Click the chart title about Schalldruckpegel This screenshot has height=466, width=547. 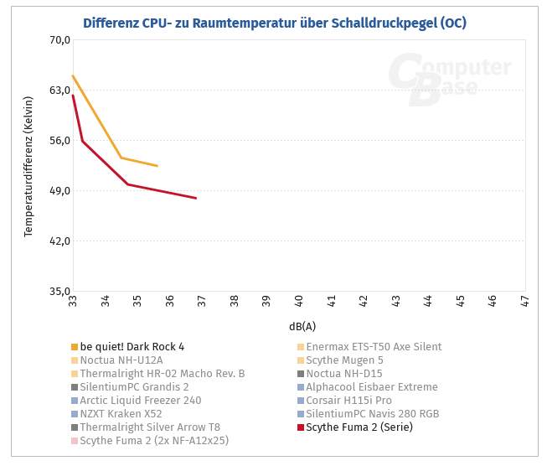(x=274, y=23)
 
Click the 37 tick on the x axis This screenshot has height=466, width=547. (x=202, y=300)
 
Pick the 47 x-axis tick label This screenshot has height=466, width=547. (x=524, y=300)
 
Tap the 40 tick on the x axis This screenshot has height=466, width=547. (x=299, y=300)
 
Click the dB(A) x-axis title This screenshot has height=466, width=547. (x=302, y=326)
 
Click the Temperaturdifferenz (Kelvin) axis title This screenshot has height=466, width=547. (x=28, y=166)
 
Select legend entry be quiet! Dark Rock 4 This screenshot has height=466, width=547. (x=132, y=347)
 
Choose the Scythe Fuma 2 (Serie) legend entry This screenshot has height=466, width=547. (x=359, y=427)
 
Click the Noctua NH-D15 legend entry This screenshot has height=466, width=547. (x=344, y=374)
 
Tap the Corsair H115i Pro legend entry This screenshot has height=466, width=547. (x=348, y=401)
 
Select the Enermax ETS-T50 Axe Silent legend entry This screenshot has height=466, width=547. (x=374, y=347)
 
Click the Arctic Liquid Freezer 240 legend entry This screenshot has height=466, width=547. (x=140, y=401)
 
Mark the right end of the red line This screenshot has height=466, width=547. (x=195, y=198)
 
